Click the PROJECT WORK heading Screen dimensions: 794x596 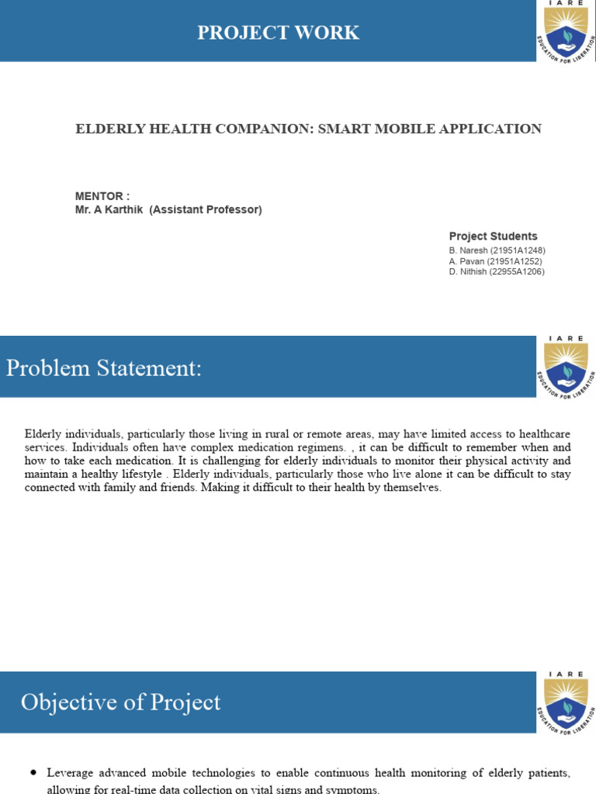point(278,33)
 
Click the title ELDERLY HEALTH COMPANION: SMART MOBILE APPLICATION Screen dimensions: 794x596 point(308,129)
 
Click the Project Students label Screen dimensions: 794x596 point(493,236)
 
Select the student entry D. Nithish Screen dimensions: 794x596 point(466,272)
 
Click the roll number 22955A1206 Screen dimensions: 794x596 point(516,272)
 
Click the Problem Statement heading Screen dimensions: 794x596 point(104,368)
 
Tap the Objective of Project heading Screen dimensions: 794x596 point(120,703)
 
